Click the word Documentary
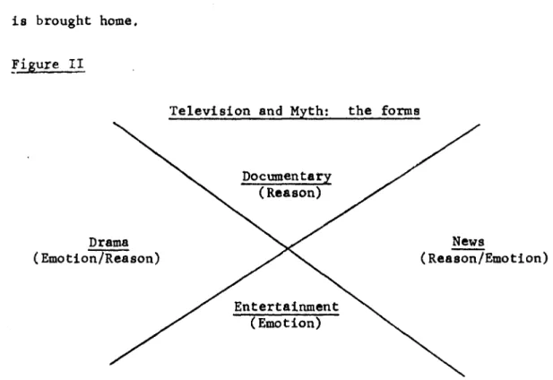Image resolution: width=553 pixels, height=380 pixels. point(287,177)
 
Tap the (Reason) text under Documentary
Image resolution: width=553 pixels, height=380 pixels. point(289,193)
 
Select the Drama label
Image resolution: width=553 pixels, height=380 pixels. point(108,243)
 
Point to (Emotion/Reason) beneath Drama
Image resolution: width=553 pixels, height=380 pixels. point(96,258)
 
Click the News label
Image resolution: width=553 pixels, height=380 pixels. point(468,241)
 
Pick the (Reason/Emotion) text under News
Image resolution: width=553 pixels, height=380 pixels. point(484,258)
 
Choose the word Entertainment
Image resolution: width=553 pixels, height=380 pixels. point(287,307)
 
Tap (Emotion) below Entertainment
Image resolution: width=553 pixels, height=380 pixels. point(286,324)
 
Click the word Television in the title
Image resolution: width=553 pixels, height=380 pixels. point(210,111)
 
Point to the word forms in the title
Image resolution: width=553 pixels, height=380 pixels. point(401,111)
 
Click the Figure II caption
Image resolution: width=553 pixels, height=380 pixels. point(48,65)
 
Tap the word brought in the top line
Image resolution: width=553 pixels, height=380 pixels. point(64,22)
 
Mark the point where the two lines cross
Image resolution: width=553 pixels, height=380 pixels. point(288,248)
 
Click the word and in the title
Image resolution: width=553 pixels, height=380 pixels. point(271,111)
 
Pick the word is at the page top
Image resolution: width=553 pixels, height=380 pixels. point(20,22)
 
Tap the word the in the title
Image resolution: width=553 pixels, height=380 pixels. point(359,111)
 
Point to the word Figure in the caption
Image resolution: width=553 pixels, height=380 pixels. point(35,65)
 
